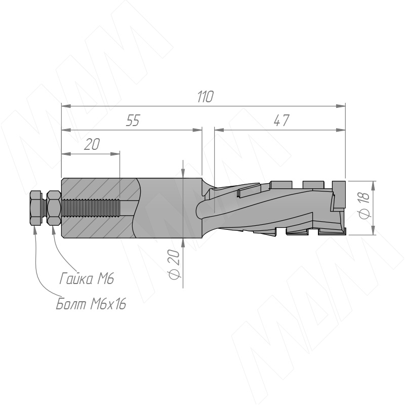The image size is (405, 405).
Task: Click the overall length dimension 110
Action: pyautogui.click(x=206, y=97)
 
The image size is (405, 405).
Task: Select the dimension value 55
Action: pyautogui.click(x=133, y=120)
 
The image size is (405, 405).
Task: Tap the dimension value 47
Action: pyautogui.click(x=281, y=120)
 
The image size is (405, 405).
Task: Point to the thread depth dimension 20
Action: pyautogui.click(x=92, y=144)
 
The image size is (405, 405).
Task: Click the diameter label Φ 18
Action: pyautogui.click(x=365, y=206)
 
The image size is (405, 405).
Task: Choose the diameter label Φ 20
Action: pyautogui.click(x=174, y=264)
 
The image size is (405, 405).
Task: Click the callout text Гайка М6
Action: pyautogui.click(x=87, y=278)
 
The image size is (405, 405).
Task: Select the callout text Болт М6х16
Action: pyautogui.click(x=91, y=304)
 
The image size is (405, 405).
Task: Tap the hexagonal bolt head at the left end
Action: pyautogui.click(x=35, y=208)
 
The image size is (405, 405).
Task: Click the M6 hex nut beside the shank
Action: pyautogui.click(x=54, y=208)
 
